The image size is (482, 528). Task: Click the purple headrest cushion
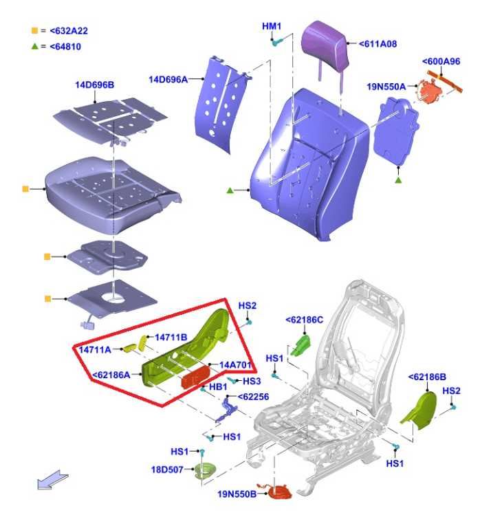pos(324,44)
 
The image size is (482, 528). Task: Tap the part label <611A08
pos(377,44)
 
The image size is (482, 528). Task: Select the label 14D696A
pos(168,80)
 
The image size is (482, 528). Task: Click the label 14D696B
pos(95,85)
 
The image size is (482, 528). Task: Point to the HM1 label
pos(272,26)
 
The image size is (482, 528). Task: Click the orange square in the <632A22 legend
pos(34,31)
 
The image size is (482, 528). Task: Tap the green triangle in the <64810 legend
pos(34,47)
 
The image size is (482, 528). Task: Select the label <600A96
pos(441,62)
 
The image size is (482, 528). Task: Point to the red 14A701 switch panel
pos(196,377)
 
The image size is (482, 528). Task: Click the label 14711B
pos(171,338)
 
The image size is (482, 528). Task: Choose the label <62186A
pos(111,375)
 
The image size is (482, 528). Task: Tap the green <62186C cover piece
pos(300,345)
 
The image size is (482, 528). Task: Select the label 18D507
pos(167,470)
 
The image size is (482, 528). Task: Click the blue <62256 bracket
pos(226,410)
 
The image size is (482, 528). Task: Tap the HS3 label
pos(252,381)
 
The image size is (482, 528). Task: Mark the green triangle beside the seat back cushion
pos(230,191)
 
